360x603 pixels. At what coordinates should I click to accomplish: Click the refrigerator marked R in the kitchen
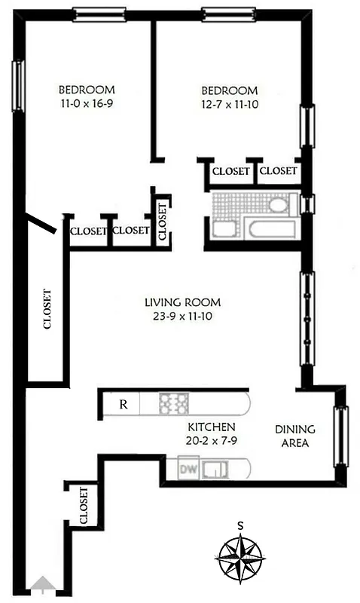(124, 404)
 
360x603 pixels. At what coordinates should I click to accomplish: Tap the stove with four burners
(174, 404)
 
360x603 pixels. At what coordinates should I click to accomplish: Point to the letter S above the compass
(240, 525)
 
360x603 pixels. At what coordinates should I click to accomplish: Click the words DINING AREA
(294, 436)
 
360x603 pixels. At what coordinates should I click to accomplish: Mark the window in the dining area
(341, 436)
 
